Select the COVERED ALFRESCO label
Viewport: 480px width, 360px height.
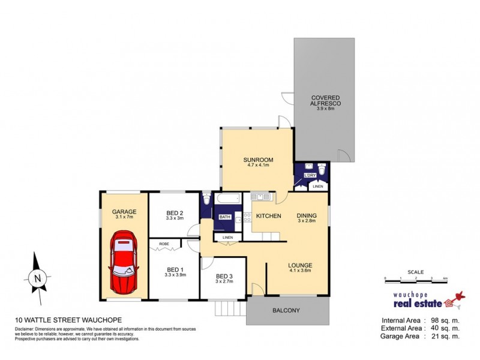325,101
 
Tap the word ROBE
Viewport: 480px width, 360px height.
163,244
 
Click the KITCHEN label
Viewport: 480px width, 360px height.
269,215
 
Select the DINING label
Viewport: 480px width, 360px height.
307,217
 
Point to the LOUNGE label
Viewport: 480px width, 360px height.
299,265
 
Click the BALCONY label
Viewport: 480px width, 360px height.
287,310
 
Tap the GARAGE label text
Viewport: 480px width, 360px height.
124,212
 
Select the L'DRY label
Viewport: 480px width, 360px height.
310,175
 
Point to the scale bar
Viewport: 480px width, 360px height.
416,279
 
